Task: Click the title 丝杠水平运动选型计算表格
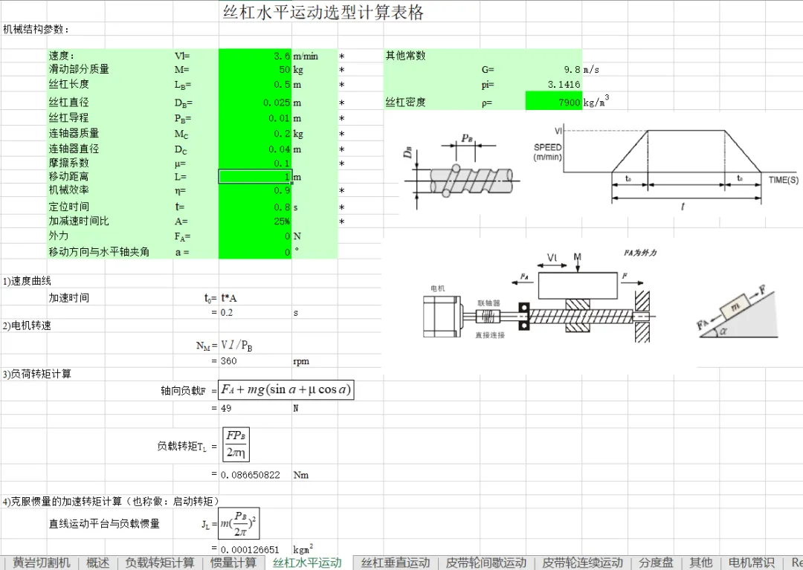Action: [x=323, y=13]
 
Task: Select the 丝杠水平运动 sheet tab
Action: [x=307, y=563]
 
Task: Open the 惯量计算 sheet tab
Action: [x=233, y=563]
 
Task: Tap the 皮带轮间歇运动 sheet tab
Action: [x=486, y=563]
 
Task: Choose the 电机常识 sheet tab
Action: [x=750, y=563]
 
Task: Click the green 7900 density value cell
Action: [x=553, y=102]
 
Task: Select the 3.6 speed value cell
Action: [x=255, y=56]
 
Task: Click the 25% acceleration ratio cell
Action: [x=255, y=221]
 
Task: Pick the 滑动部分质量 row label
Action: [x=79, y=69]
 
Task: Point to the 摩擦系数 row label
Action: [x=68, y=163]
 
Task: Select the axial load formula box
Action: [x=286, y=389]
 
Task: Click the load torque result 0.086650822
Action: [x=251, y=475]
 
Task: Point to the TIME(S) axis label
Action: [x=784, y=180]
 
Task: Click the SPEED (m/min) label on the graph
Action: [x=547, y=152]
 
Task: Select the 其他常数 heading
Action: [x=405, y=56]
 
